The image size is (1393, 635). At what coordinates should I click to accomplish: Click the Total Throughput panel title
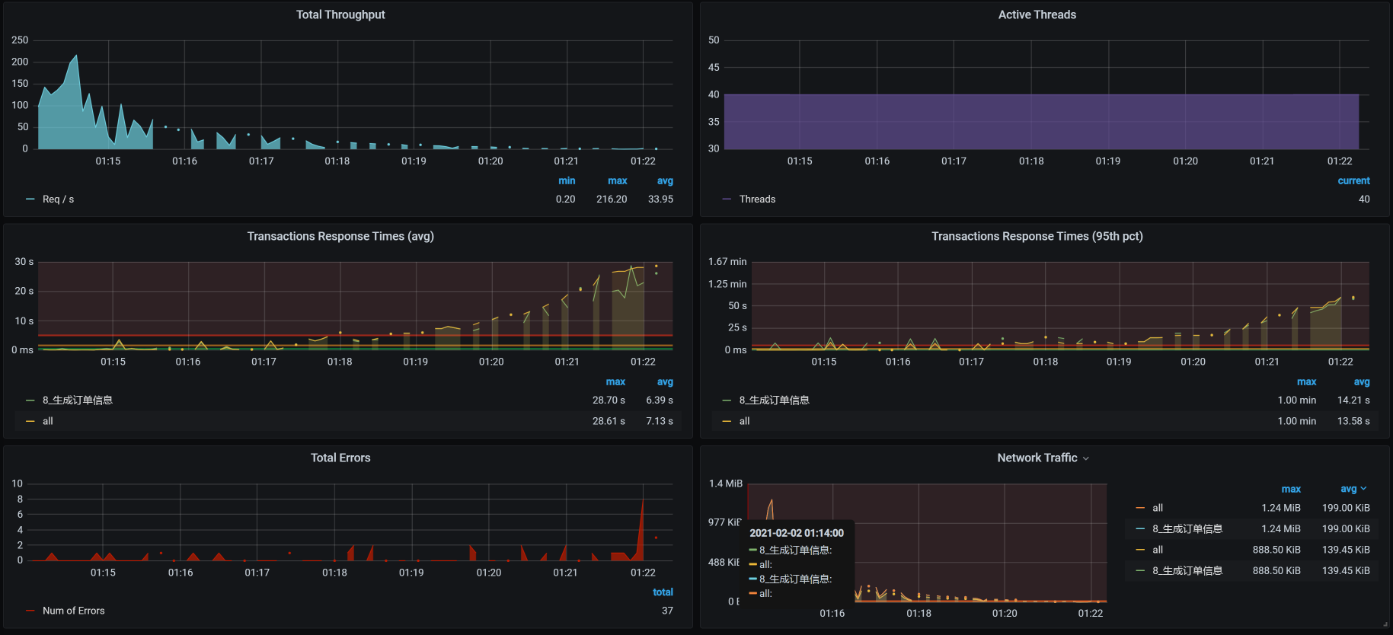[x=340, y=14]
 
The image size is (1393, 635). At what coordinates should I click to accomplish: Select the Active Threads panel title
[x=1037, y=14]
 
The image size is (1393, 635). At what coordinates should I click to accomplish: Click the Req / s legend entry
[x=58, y=199]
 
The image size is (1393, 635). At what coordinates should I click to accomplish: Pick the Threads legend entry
[x=757, y=199]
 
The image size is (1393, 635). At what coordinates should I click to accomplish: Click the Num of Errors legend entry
[x=73, y=611]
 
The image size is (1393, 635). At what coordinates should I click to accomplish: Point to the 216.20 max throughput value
[x=612, y=199]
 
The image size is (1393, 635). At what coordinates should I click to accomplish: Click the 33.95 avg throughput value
[x=660, y=199]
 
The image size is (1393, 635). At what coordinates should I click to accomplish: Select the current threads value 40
[x=1363, y=199]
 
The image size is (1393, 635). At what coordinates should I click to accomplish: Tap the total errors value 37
[x=667, y=611]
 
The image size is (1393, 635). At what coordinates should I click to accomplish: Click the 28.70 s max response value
[x=609, y=400]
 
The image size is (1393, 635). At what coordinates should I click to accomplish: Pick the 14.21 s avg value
[x=1353, y=400]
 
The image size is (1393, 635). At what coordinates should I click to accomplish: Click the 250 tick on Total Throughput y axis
[x=20, y=40]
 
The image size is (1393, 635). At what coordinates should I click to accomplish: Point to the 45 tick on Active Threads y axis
[x=714, y=68]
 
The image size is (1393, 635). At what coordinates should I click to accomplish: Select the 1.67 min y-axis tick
[x=727, y=262]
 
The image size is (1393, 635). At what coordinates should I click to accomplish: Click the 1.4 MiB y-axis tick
[x=725, y=483]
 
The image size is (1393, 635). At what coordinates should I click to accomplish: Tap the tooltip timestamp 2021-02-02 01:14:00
[x=797, y=533]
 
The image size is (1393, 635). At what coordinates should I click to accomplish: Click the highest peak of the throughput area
[x=76, y=56]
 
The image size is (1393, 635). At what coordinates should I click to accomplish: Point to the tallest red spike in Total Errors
[x=643, y=500]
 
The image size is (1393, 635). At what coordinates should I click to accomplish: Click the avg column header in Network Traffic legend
[x=1349, y=489]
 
